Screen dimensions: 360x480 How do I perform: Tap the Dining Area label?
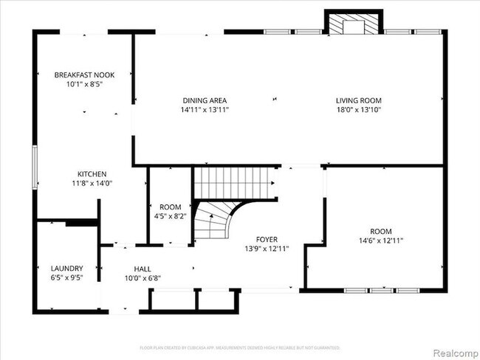[x=205, y=100]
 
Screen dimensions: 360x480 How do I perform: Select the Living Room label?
[x=359, y=100]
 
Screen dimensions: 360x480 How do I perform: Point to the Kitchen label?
[x=92, y=173]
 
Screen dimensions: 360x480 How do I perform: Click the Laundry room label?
[x=66, y=269]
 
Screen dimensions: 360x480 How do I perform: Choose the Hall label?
[x=143, y=269]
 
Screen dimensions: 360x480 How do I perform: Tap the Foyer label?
[x=267, y=239]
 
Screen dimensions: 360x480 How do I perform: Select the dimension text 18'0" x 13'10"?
[x=359, y=110]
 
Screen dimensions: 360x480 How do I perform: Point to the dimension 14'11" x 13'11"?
[x=205, y=110]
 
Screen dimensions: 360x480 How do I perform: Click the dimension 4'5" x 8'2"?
[x=171, y=217]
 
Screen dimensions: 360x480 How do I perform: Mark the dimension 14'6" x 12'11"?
[x=381, y=240]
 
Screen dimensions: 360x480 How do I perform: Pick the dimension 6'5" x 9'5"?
[x=66, y=278]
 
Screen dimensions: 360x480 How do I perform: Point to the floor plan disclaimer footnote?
[x=240, y=347]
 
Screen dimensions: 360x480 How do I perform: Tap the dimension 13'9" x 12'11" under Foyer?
[x=267, y=249]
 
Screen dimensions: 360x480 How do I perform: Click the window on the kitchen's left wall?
[x=34, y=166]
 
